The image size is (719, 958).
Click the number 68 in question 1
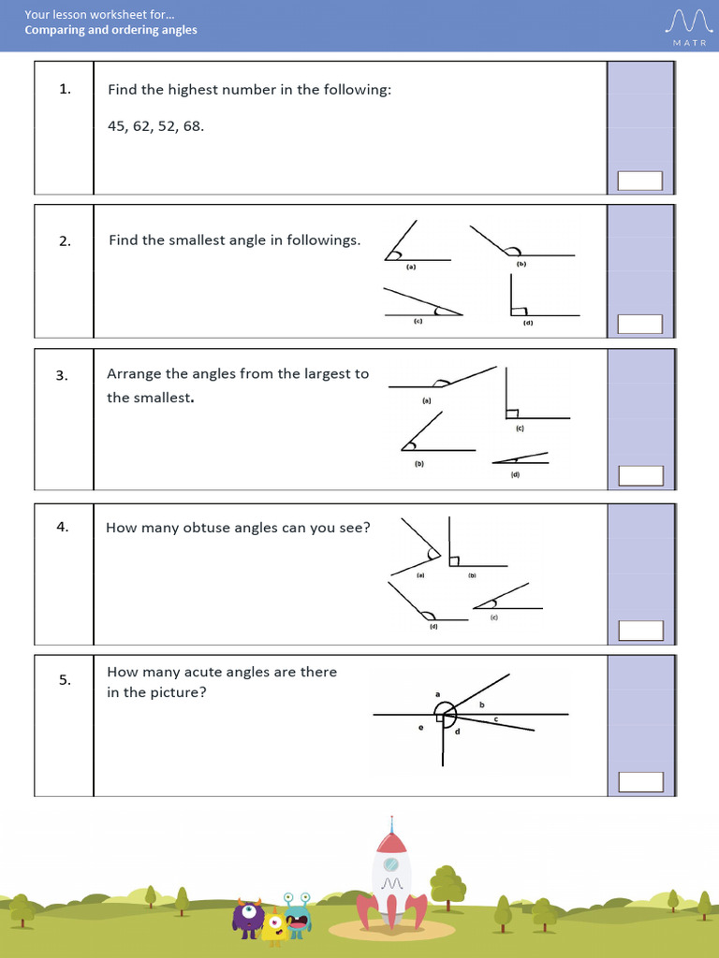(x=193, y=126)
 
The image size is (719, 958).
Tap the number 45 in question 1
(x=117, y=126)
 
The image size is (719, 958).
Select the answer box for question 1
(x=639, y=181)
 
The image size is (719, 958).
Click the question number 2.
(x=64, y=241)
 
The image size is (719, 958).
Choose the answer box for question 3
(x=639, y=475)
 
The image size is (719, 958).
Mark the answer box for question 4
(x=639, y=630)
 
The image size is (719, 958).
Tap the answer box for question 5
(x=639, y=781)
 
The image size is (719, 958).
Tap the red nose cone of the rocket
(x=390, y=828)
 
